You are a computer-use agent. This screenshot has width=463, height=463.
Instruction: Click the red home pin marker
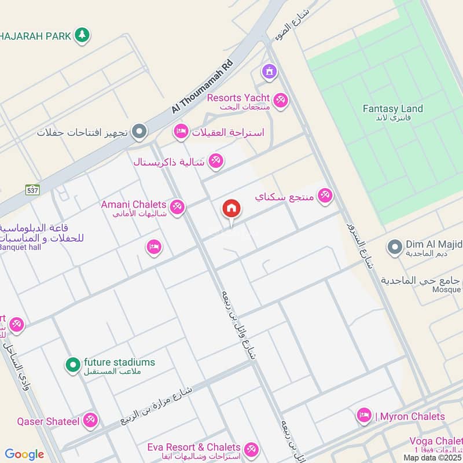click(231, 209)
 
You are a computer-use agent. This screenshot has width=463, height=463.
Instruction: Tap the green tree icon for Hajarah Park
click(83, 35)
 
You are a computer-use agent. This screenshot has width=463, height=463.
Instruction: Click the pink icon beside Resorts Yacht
click(281, 100)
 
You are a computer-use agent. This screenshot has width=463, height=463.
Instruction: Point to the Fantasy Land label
click(392, 109)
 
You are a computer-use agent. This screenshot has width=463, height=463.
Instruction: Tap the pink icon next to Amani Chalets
click(177, 206)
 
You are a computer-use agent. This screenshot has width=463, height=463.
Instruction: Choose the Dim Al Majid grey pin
click(395, 247)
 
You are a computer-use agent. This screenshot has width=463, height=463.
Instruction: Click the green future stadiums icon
click(72, 365)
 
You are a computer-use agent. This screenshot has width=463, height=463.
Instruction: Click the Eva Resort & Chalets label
click(194, 447)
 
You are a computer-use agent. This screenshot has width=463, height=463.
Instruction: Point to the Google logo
click(24, 454)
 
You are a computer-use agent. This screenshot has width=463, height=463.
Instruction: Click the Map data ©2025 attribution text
click(432, 458)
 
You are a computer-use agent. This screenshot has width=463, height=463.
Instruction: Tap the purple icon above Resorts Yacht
click(269, 72)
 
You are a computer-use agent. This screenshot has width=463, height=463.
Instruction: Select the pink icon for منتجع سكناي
click(325, 197)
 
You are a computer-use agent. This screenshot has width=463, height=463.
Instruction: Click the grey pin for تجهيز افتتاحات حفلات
click(139, 133)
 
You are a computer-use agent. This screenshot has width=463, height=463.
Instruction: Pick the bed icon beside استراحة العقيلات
click(181, 133)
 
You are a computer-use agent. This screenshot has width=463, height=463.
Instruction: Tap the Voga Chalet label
click(435, 441)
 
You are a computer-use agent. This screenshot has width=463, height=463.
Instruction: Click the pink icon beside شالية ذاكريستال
click(216, 161)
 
